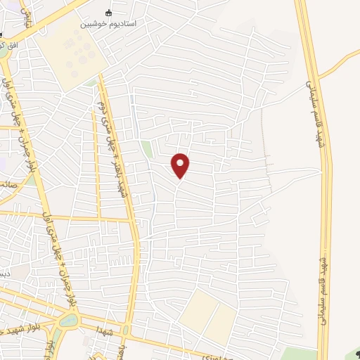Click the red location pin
point(181,165)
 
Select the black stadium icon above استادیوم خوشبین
point(108,13)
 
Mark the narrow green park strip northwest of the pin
point(146,149)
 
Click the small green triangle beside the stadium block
point(92,83)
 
